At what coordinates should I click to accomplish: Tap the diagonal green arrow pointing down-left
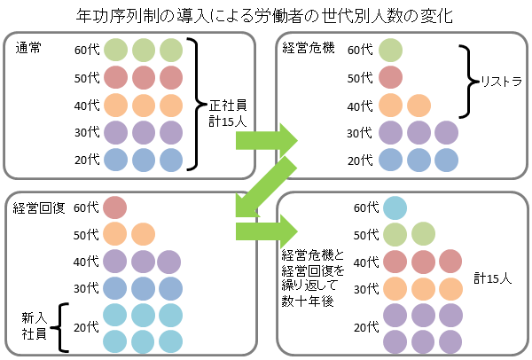click(x=262, y=190)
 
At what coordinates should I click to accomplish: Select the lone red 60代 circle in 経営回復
click(x=116, y=207)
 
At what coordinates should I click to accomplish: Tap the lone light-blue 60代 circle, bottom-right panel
click(x=396, y=207)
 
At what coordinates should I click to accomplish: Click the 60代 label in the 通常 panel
click(x=87, y=50)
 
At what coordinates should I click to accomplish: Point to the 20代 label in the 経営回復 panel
click(x=87, y=327)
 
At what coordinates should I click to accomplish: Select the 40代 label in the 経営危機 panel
click(x=360, y=106)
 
